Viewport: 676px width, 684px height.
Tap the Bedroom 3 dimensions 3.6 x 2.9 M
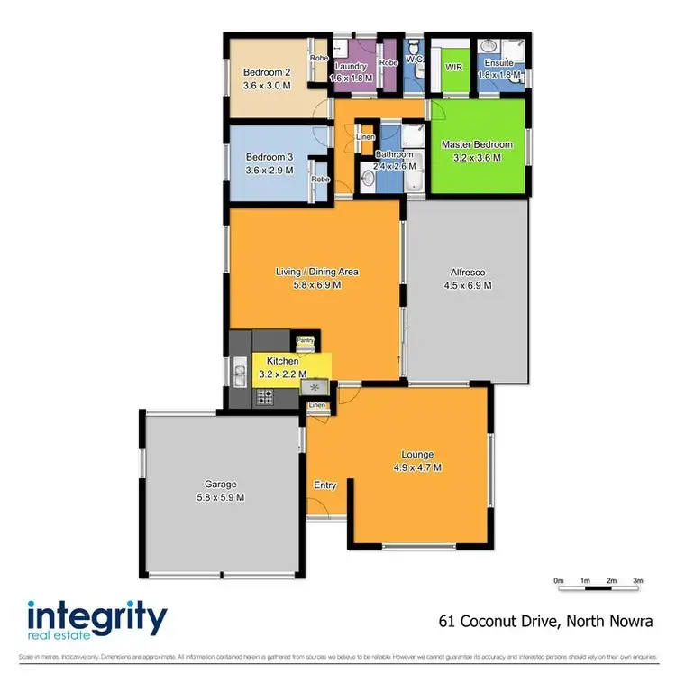coord(269,170)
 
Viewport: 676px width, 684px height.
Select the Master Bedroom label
coord(476,144)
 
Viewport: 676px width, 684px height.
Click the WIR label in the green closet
coord(453,67)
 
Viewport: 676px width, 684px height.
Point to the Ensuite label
coord(498,63)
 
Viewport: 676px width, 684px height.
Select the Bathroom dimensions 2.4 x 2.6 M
coord(395,166)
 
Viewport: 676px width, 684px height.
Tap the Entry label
coord(324,485)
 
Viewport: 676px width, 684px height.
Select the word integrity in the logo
coord(97,619)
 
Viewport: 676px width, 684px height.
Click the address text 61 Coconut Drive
coord(501,621)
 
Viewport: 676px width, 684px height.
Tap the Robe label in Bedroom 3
coord(320,179)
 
